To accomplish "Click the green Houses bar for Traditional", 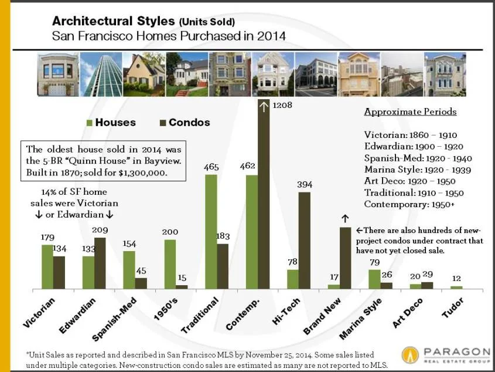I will [211, 231].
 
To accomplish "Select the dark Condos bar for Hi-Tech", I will [304, 240].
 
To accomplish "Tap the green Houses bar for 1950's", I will [170, 263].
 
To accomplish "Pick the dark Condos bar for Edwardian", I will [100, 263].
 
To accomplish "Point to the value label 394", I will [305, 184].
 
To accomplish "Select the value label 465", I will [211, 167].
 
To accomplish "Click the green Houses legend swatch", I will [90, 123].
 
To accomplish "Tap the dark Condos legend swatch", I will [163, 123].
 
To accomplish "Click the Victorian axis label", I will [40, 313].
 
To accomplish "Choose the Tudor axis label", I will [453, 308].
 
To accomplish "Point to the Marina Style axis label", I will [361, 319].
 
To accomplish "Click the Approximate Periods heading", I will [410, 111].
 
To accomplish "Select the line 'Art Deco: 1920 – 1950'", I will [410, 181].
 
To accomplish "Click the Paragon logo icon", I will [410, 354].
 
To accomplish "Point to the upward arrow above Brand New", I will [345, 218].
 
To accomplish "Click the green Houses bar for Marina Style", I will [374, 279].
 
